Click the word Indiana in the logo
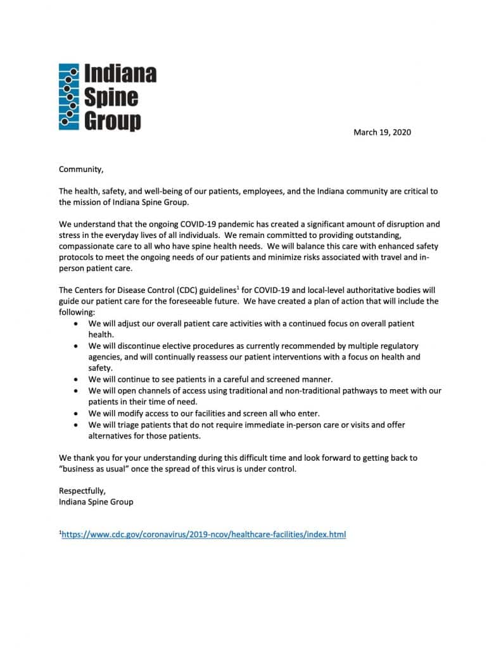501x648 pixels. [120, 75]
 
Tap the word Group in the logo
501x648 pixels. [113, 120]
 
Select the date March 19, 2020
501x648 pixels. [382, 132]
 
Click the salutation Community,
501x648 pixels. [80, 169]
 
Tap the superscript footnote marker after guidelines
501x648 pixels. [236, 288]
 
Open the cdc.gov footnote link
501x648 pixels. [203, 535]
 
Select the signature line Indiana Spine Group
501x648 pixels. [96, 502]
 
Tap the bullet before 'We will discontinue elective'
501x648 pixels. [76, 346]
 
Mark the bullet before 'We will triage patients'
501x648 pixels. [76, 425]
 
